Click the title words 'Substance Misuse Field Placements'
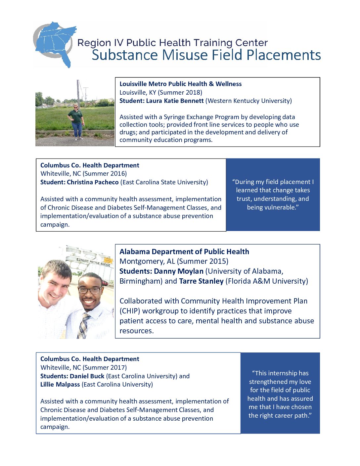pyautogui.click(x=206, y=55)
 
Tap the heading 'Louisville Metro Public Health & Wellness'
pyautogui.click(x=180, y=84)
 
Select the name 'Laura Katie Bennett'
pyautogui.click(x=175, y=101)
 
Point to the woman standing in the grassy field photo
pyautogui.click(x=76, y=121)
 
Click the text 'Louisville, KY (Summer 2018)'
pyautogui.click(x=161, y=92)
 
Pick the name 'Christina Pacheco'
pyautogui.click(x=93, y=182)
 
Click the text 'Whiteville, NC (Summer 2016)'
pyautogui.click(x=83, y=174)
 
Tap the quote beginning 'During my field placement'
pyautogui.click(x=273, y=195)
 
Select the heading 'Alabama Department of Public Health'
pyautogui.click(x=184, y=252)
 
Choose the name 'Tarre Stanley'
pyautogui.click(x=201, y=281)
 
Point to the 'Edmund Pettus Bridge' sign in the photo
pyautogui.click(x=93, y=262)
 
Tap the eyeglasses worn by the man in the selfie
pyautogui.click(x=90, y=290)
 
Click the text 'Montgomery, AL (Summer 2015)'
pyautogui.click(x=174, y=261)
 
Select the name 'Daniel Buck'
pyautogui.click(x=87, y=376)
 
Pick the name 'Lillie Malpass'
pyautogui.click(x=60, y=385)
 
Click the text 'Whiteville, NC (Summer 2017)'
pyautogui.click(x=83, y=368)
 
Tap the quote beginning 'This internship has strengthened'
pyautogui.click(x=280, y=394)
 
